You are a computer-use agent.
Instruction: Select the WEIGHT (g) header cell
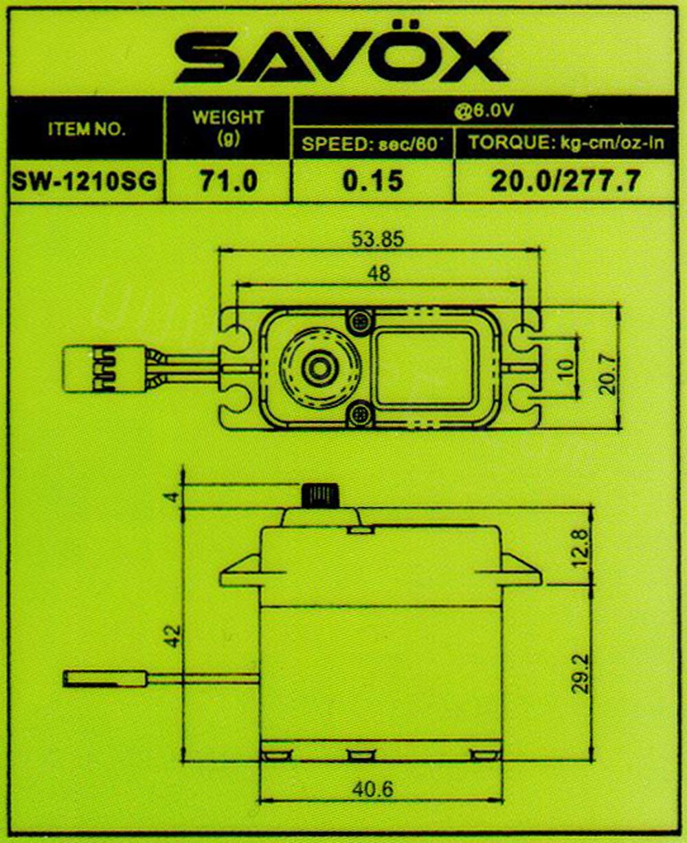click(227, 127)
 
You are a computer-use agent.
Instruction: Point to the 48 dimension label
click(379, 273)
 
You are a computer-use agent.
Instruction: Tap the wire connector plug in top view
click(87, 369)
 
